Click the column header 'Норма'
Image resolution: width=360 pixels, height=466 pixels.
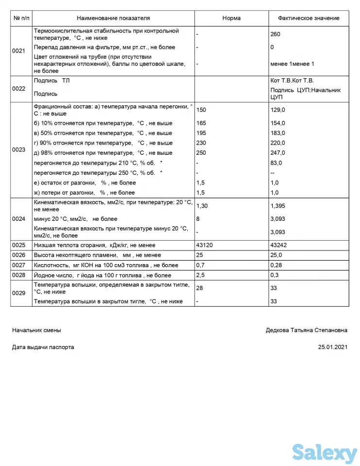(x=231, y=18)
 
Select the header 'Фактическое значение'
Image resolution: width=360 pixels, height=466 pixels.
(x=308, y=18)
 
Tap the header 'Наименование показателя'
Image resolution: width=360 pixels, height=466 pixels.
(x=114, y=18)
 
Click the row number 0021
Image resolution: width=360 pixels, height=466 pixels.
(x=19, y=50)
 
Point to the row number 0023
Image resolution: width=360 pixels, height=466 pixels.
(x=19, y=150)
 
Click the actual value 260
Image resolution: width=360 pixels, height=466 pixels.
(x=275, y=34)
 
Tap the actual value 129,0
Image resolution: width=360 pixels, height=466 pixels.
(x=278, y=110)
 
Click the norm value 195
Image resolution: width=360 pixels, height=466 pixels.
(x=201, y=133)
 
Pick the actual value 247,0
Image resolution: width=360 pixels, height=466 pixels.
(x=278, y=153)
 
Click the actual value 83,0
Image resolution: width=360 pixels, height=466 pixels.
(x=276, y=163)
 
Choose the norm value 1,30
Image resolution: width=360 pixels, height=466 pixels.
(x=202, y=206)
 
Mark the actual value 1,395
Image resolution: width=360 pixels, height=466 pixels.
(x=278, y=206)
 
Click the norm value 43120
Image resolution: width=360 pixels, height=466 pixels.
(x=204, y=245)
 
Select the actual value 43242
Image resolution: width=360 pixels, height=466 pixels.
(x=278, y=245)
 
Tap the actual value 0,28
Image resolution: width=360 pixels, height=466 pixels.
(x=276, y=266)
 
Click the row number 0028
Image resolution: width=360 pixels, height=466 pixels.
(x=19, y=275)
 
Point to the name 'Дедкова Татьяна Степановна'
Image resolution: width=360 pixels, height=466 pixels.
(x=306, y=330)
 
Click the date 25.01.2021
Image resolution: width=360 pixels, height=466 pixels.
(x=333, y=348)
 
